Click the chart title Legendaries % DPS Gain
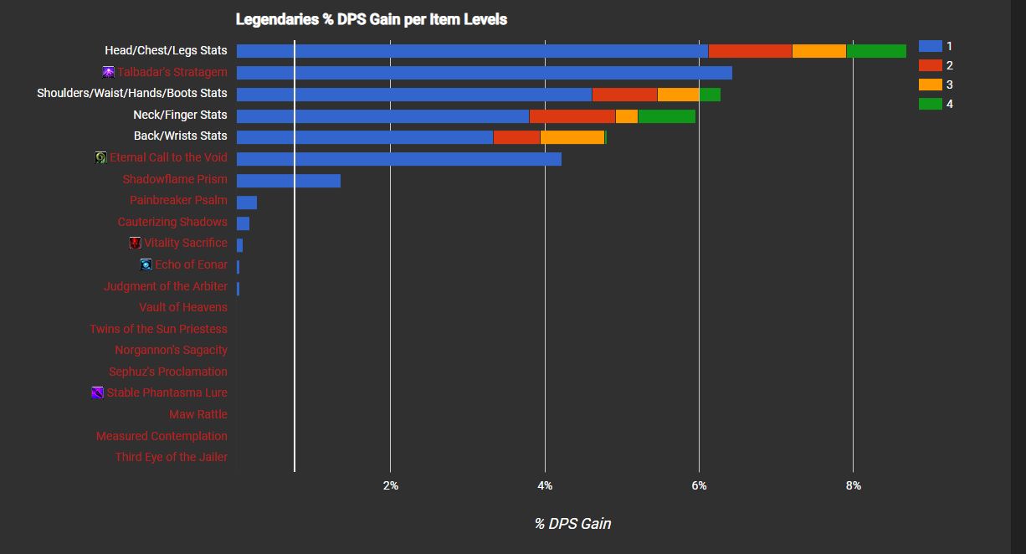(371, 18)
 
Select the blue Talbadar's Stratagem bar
(484, 73)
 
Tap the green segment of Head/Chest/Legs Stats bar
(875, 51)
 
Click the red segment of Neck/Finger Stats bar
(572, 115)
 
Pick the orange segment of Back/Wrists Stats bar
(572, 136)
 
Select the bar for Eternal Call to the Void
(398, 158)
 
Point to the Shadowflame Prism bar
(288, 180)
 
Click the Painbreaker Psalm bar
(246, 202)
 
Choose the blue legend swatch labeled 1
(930, 46)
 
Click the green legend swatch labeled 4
(930, 104)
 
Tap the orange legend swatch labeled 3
(930, 85)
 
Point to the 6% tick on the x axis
(699, 485)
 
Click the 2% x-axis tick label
(390, 485)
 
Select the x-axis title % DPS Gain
(572, 524)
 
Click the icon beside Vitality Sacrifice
(135, 243)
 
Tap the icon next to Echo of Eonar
(146, 264)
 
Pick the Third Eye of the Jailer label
(172, 457)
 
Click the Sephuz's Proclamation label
(168, 372)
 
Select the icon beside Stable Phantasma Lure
(97, 392)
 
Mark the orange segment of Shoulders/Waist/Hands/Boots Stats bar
(678, 94)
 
